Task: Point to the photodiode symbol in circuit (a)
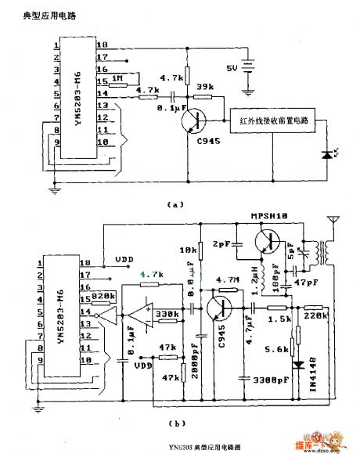(326, 158)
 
